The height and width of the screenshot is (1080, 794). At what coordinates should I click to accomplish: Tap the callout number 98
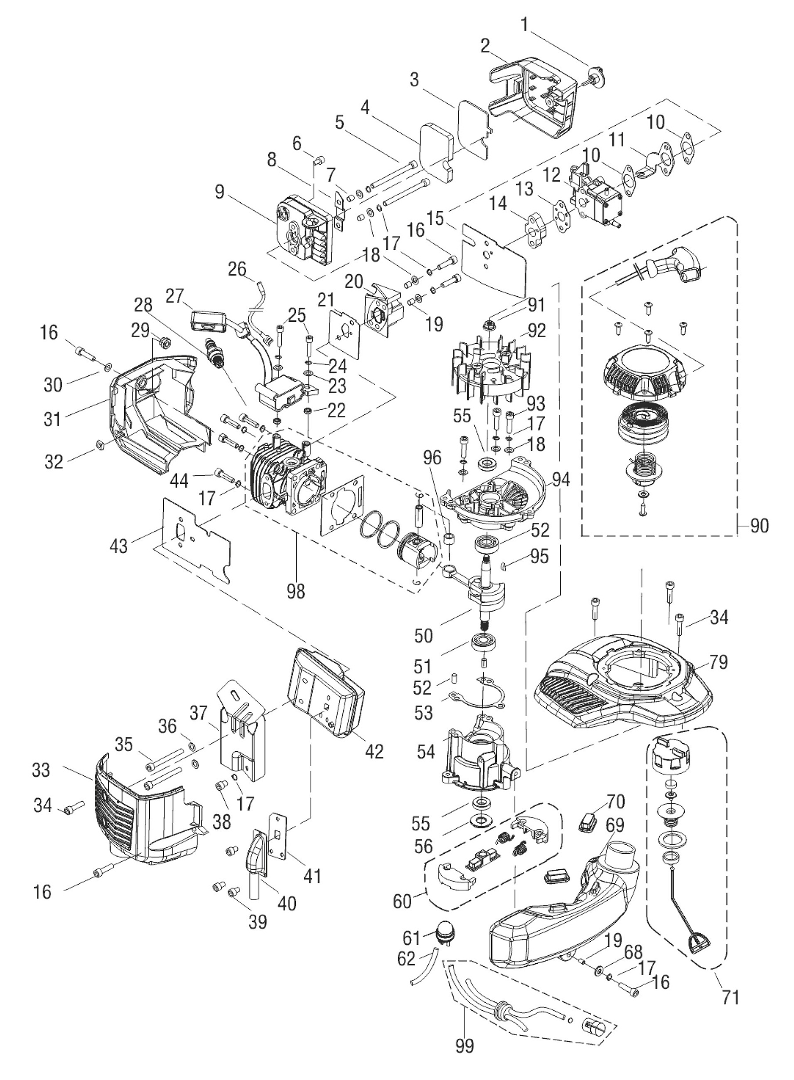(x=295, y=591)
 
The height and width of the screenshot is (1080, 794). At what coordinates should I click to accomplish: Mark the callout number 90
(x=759, y=526)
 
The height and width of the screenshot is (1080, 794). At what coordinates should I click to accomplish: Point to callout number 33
(x=41, y=770)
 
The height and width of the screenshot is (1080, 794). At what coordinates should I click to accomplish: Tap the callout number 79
(x=719, y=662)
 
